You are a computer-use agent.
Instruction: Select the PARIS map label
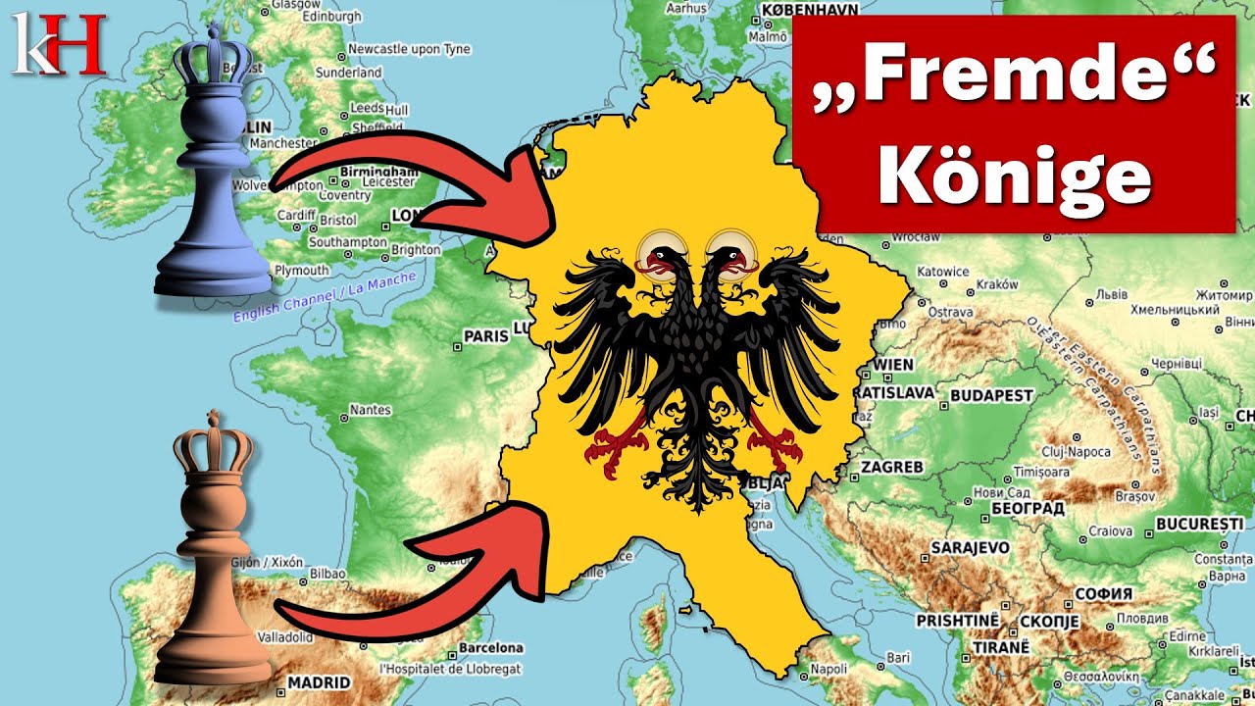pyautogui.click(x=486, y=336)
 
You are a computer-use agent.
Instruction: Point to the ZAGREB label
pyautogui.click(x=892, y=468)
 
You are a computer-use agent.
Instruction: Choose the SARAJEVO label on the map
pyautogui.click(x=970, y=546)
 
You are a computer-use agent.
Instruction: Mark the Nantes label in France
pyautogui.click(x=370, y=410)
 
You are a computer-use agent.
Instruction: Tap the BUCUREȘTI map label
pyautogui.click(x=1199, y=524)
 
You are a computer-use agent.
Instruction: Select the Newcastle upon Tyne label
pyautogui.click(x=409, y=49)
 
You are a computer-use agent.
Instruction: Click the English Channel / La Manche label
pyautogui.click(x=324, y=297)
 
